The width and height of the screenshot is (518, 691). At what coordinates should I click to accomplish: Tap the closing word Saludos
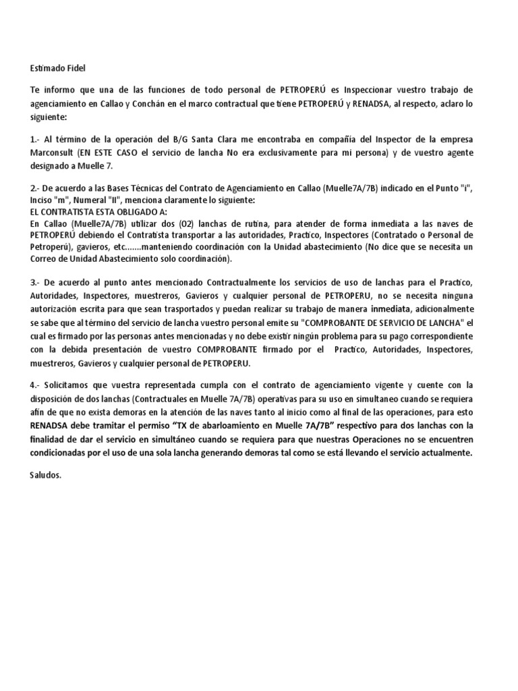[x=45, y=475]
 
